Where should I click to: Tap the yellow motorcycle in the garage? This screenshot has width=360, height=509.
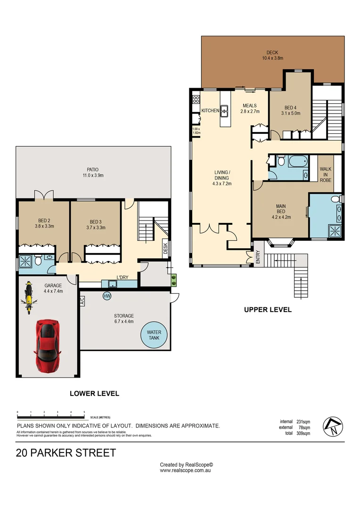28,299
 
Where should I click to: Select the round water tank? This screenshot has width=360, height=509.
154,335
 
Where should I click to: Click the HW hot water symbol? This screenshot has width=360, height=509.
106,296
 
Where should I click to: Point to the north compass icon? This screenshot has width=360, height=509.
333,427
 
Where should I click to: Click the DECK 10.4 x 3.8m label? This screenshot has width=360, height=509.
272,56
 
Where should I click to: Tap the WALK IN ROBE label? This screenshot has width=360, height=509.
325,174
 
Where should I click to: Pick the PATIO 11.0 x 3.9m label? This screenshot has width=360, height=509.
92,172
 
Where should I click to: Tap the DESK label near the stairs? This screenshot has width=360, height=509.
165,248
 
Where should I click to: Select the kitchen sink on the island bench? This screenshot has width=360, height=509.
225,111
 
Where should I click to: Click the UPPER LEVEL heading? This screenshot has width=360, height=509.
268,310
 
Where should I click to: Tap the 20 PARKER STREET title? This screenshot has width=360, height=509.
66,453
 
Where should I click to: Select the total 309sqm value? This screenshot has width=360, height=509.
303,433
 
